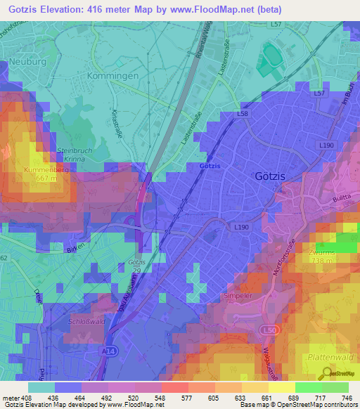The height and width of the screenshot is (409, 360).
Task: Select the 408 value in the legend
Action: pyautogui.click(x=20, y=397)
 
